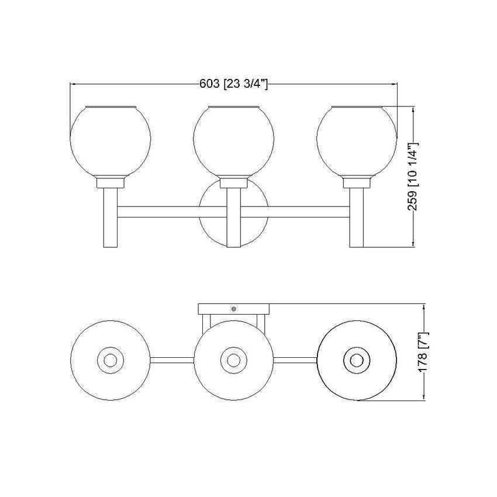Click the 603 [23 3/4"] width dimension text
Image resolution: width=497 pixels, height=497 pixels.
point(234,84)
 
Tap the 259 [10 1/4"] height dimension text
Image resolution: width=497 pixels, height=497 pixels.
point(413,177)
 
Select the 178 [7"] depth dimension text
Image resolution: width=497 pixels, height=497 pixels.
point(424,352)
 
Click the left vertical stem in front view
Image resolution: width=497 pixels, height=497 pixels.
point(111,218)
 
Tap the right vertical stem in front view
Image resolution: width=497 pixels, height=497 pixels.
point(357,218)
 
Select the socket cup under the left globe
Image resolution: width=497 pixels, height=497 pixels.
point(111,183)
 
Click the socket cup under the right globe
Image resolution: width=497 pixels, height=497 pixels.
point(357,183)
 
